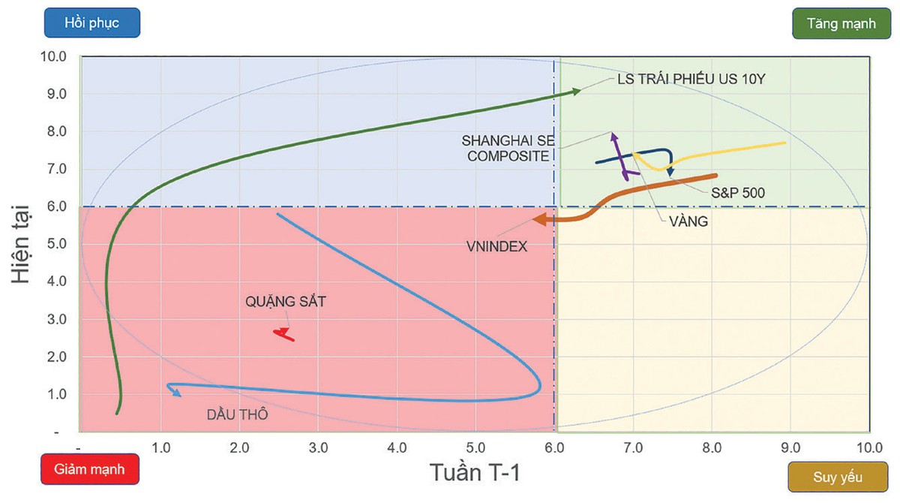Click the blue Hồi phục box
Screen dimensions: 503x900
coord(91,23)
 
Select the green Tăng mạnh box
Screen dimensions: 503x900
coord(841,23)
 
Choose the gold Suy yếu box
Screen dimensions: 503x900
coord(838,477)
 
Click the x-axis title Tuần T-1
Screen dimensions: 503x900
coord(474,474)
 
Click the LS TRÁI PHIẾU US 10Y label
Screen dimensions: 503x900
coord(690,79)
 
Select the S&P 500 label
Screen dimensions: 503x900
coord(738,193)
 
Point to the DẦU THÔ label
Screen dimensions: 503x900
coord(237,414)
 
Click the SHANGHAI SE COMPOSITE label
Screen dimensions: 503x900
coord(505,148)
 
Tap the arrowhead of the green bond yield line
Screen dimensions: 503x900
coord(576,91)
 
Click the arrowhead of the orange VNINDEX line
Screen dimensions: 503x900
coord(538,220)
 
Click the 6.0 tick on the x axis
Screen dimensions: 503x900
coord(554,448)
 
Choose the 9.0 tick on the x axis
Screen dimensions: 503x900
coord(790,448)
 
